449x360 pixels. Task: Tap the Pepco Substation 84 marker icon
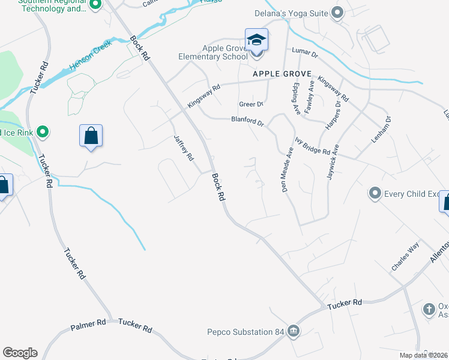(x=292, y=331)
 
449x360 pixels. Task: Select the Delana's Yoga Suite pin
(x=337, y=12)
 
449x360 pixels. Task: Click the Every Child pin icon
(x=375, y=193)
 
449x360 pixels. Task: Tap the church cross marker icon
(x=429, y=309)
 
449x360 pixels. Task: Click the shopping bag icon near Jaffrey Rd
(x=91, y=136)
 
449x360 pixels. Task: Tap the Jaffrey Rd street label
(x=184, y=148)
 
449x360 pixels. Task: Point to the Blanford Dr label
(x=247, y=121)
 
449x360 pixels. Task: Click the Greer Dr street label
(x=251, y=104)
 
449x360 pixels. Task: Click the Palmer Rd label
(x=88, y=325)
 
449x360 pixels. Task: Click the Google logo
(x=20, y=353)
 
